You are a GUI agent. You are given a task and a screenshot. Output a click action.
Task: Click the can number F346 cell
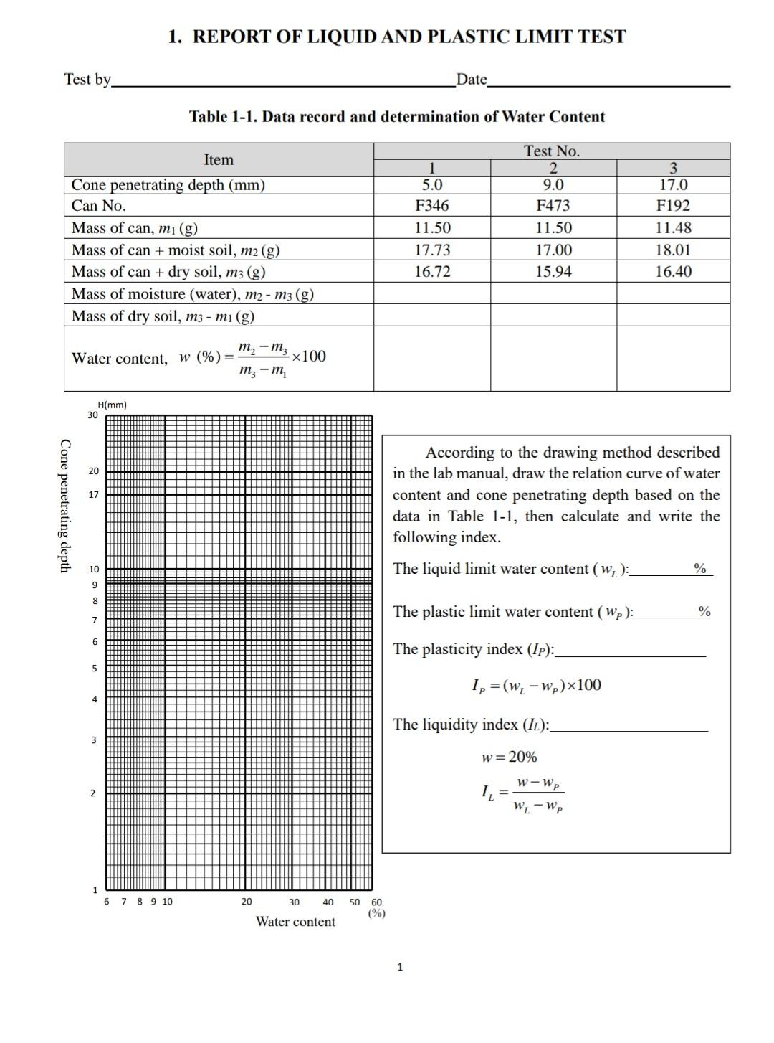coord(432,206)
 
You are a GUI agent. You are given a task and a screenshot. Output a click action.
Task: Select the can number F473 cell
coord(553,206)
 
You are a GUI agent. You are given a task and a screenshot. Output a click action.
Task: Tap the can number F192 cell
coord(673,206)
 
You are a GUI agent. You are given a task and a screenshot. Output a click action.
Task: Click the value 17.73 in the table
coord(432,250)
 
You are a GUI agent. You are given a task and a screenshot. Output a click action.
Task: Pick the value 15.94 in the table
coord(553,272)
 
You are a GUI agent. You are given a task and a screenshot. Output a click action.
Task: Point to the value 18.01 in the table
coord(673,250)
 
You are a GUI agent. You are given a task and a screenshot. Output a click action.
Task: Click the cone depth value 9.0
coord(553,185)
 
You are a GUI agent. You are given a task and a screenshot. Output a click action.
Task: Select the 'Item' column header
coord(219,160)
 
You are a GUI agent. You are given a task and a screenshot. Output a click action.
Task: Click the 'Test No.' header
coord(551,151)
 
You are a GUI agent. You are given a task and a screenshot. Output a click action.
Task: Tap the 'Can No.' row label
coord(99,206)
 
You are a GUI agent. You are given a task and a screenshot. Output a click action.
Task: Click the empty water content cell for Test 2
coord(553,358)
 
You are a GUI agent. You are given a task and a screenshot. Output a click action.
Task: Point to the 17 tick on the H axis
coord(93,495)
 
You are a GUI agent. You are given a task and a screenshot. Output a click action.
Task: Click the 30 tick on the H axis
coord(92,415)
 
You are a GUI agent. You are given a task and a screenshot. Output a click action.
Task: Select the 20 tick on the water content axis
coord(246,902)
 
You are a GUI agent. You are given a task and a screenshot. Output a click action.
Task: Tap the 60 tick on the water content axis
coord(377,902)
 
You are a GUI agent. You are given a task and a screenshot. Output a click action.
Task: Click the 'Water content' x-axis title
coord(295,922)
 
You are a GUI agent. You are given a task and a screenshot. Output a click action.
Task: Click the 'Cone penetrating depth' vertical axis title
coord(65,506)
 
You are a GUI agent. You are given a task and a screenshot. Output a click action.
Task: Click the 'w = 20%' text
coord(509,758)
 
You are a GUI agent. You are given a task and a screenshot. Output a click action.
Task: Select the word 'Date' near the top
coord(471,80)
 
